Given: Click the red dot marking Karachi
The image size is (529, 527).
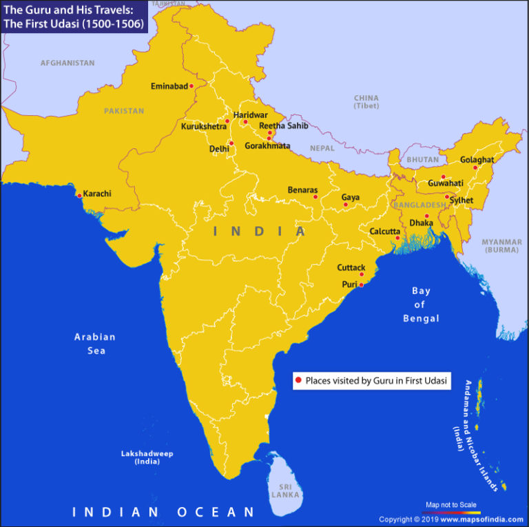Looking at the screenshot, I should click(x=80, y=196).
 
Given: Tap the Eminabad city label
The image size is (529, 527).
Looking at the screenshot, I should click(x=169, y=87).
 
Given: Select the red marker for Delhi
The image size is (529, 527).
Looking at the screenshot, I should click(x=231, y=143).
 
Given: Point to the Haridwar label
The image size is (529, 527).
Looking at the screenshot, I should click(x=250, y=114).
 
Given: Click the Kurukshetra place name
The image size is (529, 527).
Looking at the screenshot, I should click(x=203, y=127).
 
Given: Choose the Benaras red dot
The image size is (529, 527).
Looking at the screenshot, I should click(x=315, y=197).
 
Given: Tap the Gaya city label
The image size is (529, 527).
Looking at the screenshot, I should click(x=351, y=198).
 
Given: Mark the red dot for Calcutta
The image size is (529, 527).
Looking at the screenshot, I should click(x=397, y=238).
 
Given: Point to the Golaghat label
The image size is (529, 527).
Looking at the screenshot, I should click(x=477, y=160).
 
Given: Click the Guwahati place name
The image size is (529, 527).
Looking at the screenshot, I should click(x=445, y=183).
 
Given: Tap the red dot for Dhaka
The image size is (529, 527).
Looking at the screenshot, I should click(x=427, y=216).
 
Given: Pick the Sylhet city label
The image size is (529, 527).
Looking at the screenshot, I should click(x=461, y=200).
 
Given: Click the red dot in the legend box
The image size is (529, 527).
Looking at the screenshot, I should click(x=298, y=380).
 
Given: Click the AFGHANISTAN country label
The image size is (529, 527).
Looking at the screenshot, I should click(x=68, y=63).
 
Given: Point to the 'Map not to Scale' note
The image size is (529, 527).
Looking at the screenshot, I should click(x=451, y=505).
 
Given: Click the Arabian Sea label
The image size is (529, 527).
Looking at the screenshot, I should click(x=95, y=344).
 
